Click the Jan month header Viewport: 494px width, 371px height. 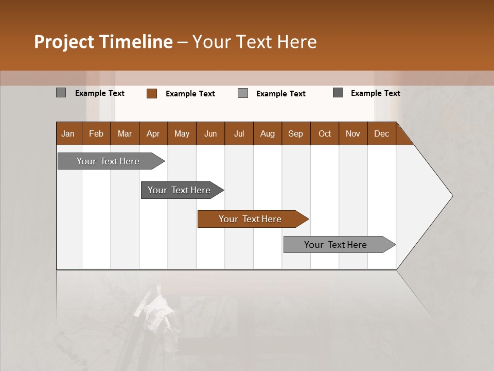(68, 133)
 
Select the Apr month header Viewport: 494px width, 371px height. (153, 133)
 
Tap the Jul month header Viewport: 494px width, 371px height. (239, 133)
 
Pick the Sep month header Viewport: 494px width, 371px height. (295, 133)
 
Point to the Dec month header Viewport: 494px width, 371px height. (381, 133)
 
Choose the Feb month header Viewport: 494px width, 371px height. (96, 133)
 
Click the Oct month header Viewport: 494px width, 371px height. (325, 133)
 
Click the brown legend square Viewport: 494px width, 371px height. (152, 93)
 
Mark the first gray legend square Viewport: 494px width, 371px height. (61, 93)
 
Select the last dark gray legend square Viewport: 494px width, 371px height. (338, 93)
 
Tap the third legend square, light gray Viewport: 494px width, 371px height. (243, 93)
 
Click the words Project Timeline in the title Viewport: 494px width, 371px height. (103, 42)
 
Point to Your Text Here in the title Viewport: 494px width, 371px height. (255, 42)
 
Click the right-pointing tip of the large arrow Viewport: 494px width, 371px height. (451, 196)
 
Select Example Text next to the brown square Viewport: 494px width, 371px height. (190, 94)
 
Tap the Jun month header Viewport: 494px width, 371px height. (210, 133)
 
